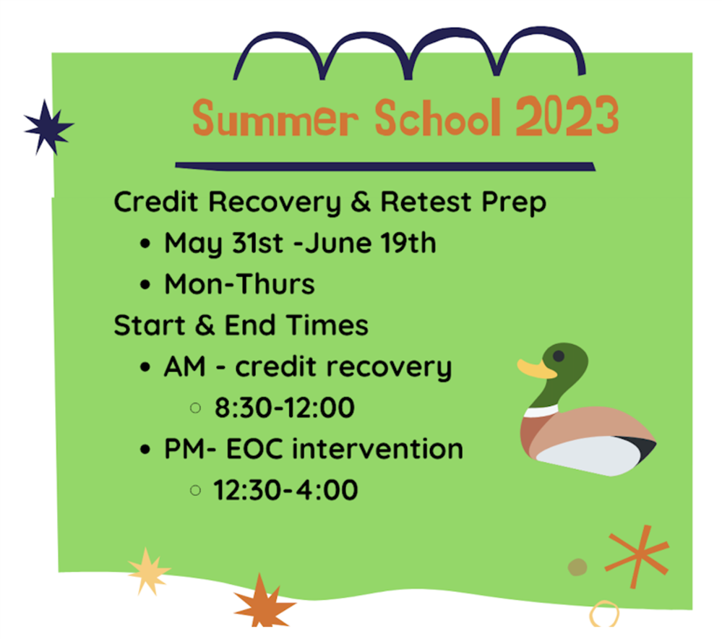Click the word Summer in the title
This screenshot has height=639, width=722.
click(275, 119)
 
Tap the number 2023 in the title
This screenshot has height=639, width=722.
click(567, 116)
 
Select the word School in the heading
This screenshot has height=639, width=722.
click(438, 118)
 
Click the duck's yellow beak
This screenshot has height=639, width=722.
click(536, 369)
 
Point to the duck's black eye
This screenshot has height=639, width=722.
click(559, 356)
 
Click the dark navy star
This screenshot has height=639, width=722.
click(48, 127)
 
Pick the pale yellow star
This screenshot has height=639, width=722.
click(148, 571)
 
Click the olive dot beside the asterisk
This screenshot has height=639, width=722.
click(577, 567)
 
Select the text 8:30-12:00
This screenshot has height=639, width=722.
click(285, 408)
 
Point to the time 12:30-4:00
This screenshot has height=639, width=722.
click(285, 489)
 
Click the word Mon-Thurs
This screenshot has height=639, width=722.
click(239, 284)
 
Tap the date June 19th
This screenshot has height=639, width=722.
click(370, 243)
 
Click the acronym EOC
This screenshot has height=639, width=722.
click(254, 449)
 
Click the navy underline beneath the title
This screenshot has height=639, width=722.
click(385, 166)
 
